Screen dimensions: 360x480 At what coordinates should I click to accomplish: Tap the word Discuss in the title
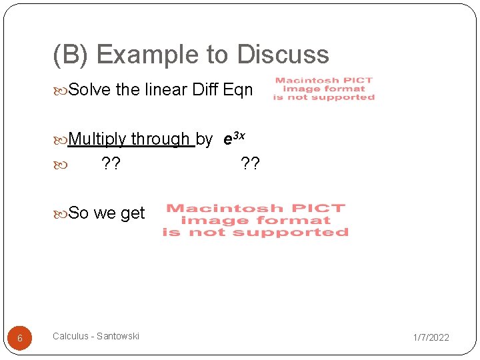click(x=282, y=55)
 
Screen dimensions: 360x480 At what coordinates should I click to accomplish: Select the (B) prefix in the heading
click(x=70, y=55)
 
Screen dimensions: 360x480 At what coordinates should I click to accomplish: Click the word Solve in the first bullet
click(x=90, y=89)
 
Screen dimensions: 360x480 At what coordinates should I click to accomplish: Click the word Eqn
click(x=238, y=89)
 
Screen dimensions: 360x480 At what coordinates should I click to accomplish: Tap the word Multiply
click(x=97, y=139)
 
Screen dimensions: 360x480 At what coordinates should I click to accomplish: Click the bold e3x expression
click(x=234, y=139)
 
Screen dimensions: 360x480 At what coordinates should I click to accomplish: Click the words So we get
click(x=107, y=213)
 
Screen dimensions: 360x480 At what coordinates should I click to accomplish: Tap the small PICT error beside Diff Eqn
click(x=324, y=89)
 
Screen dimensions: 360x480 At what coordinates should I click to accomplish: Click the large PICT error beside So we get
click(x=255, y=220)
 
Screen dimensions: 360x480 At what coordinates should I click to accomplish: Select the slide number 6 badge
click(x=19, y=338)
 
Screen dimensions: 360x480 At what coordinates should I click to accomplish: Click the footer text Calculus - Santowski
click(x=96, y=336)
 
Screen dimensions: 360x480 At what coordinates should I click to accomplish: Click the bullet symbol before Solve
click(x=61, y=90)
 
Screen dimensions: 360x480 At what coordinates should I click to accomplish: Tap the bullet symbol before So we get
click(x=61, y=214)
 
